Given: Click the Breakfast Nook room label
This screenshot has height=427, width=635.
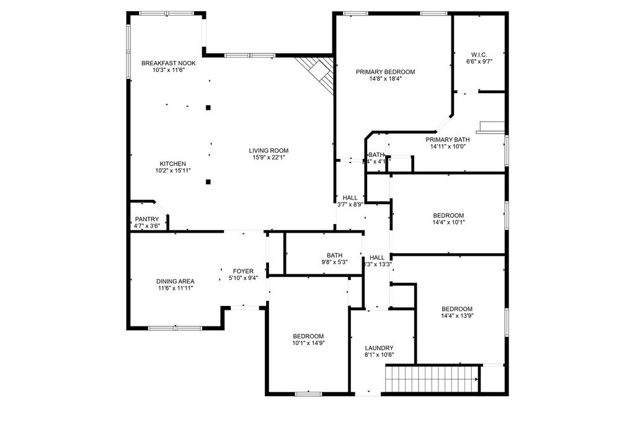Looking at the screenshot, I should (168, 63).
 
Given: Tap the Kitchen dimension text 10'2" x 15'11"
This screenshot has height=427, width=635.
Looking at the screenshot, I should (172, 171).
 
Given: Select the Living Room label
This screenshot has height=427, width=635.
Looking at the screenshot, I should (269, 150).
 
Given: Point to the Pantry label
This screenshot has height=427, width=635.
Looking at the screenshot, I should (147, 219).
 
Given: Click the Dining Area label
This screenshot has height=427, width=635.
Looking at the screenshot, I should (175, 281).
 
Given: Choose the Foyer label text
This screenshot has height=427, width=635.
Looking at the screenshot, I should (242, 271).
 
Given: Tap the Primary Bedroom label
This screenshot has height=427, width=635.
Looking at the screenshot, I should (385, 72).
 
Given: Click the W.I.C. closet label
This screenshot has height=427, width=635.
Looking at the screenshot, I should (479, 55).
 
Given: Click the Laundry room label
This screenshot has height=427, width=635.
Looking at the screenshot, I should (379, 348).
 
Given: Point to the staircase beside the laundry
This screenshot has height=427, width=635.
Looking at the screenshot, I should (432, 379).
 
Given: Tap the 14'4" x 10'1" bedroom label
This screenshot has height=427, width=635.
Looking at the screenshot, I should (448, 215).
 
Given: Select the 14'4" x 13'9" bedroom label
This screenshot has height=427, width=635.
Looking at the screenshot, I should (457, 309).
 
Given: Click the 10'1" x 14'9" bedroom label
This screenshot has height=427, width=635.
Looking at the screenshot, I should (308, 336).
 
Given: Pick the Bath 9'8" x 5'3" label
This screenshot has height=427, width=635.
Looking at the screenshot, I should (335, 255).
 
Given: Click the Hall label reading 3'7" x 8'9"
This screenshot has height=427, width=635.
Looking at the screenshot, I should (350, 197).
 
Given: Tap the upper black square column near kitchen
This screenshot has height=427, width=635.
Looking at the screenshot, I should (208, 107).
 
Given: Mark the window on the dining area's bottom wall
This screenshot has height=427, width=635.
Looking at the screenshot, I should (166, 328).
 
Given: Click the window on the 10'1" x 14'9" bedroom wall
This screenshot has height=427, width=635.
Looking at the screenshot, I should (308, 393).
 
